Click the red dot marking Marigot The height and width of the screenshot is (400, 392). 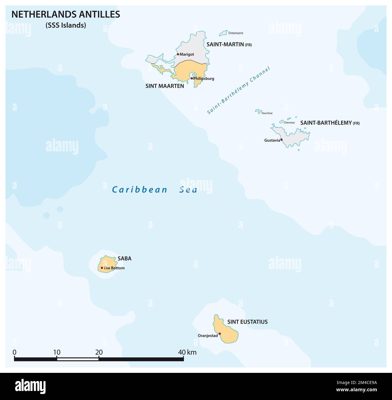pos(178,54)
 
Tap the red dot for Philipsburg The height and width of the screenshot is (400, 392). pos(192,78)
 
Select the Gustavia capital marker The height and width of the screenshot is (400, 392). pos(281,140)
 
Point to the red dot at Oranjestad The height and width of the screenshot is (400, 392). pos(220,334)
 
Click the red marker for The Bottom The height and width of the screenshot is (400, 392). pos(102,268)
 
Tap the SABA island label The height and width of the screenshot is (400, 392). pos(125,259)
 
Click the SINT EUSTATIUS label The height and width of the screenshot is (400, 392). pos(248,322)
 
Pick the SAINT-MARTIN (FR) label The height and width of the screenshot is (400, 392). pos(229,44)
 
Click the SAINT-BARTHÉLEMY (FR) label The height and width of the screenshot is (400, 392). pos(330,123)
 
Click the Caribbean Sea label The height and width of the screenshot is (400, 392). pos(155,190)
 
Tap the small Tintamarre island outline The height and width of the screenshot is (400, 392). pos(223,33)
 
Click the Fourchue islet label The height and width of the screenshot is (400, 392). pos(267,113)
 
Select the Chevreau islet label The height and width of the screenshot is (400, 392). pos(289,122)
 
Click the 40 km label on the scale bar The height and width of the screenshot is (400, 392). pos(187,352)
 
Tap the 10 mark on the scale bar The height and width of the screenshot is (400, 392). pos(57,352)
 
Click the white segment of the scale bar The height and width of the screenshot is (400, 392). pos(78,359)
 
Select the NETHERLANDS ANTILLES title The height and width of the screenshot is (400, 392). pos(66,14)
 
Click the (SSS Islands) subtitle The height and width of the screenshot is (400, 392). pos(66,25)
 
